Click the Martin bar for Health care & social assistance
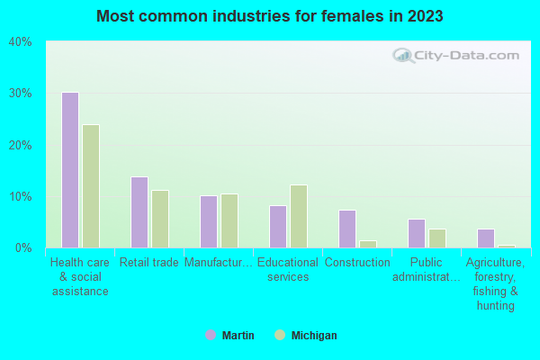(x=69, y=170)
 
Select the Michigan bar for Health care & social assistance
(x=91, y=186)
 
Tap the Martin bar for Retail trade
(x=139, y=212)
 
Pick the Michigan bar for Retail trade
(x=160, y=219)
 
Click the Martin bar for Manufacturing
(x=208, y=221)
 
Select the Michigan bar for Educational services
(x=299, y=216)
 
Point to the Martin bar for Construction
(x=346, y=229)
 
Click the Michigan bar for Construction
(x=368, y=244)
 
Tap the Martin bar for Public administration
(x=416, y=233)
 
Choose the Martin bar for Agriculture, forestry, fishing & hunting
(x=485, y=238)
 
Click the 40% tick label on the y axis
(x=20, y=41)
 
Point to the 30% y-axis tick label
(x=20, y=93)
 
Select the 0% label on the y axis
(x=22, y=247)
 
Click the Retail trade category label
(x=149, y=263)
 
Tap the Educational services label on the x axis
(x=289, y=269)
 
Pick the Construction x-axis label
(x=357, y=263)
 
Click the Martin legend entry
(x=230, y=336)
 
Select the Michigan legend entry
(x=306, y=336)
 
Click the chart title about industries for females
(x=270, y=16)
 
